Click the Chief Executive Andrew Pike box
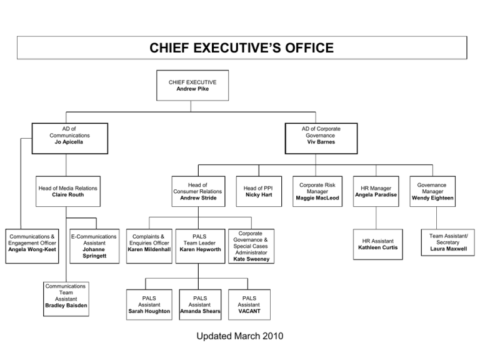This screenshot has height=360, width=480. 192,86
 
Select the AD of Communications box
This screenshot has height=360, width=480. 70,138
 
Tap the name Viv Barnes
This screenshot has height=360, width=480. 321,142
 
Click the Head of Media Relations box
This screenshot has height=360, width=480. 68,191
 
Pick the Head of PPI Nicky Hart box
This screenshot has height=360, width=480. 259,191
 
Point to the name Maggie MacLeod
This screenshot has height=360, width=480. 317,198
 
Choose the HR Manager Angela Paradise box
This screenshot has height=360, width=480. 376,191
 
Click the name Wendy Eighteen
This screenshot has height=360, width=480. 432,198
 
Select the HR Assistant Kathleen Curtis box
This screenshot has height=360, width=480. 377,244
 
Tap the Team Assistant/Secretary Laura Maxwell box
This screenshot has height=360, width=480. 448,242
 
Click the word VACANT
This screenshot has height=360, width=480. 249,311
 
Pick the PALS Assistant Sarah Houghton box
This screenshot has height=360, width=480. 149,304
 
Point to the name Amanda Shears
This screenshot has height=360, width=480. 200,311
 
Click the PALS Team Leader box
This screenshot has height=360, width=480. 200,246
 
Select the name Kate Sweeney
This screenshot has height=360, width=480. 251,259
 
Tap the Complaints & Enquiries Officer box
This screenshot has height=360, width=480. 149,246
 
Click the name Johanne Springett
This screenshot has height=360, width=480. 94,252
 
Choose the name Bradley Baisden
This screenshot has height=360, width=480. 66,306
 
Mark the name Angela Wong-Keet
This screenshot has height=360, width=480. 32,249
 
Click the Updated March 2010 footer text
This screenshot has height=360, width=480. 240,336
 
